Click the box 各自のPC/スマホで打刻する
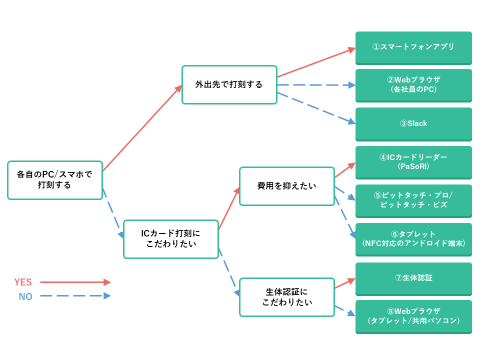(x=55, y=180)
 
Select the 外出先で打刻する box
(x=229, y=84)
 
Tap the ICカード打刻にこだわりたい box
(x=171, y=239)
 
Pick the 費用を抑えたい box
(x=286, y=186)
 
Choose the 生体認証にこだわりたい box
(x=286, y=297)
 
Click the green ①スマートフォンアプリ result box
(x=413, y=47)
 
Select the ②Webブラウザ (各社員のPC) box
(x=413, y=84)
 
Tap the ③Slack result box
(x=413, y=123)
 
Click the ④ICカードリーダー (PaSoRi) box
(x=413, y=161)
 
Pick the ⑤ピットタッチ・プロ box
(x=413, y=200)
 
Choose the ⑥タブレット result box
(x=413, y=238)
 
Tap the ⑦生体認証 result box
(x=413, y=278)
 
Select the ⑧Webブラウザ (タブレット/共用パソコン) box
(x=413, y=315)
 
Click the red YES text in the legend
(x=23, y=282)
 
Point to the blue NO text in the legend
(x=25, y=296)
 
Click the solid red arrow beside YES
(x=75, y=282)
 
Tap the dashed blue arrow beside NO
(x=75, y=296)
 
